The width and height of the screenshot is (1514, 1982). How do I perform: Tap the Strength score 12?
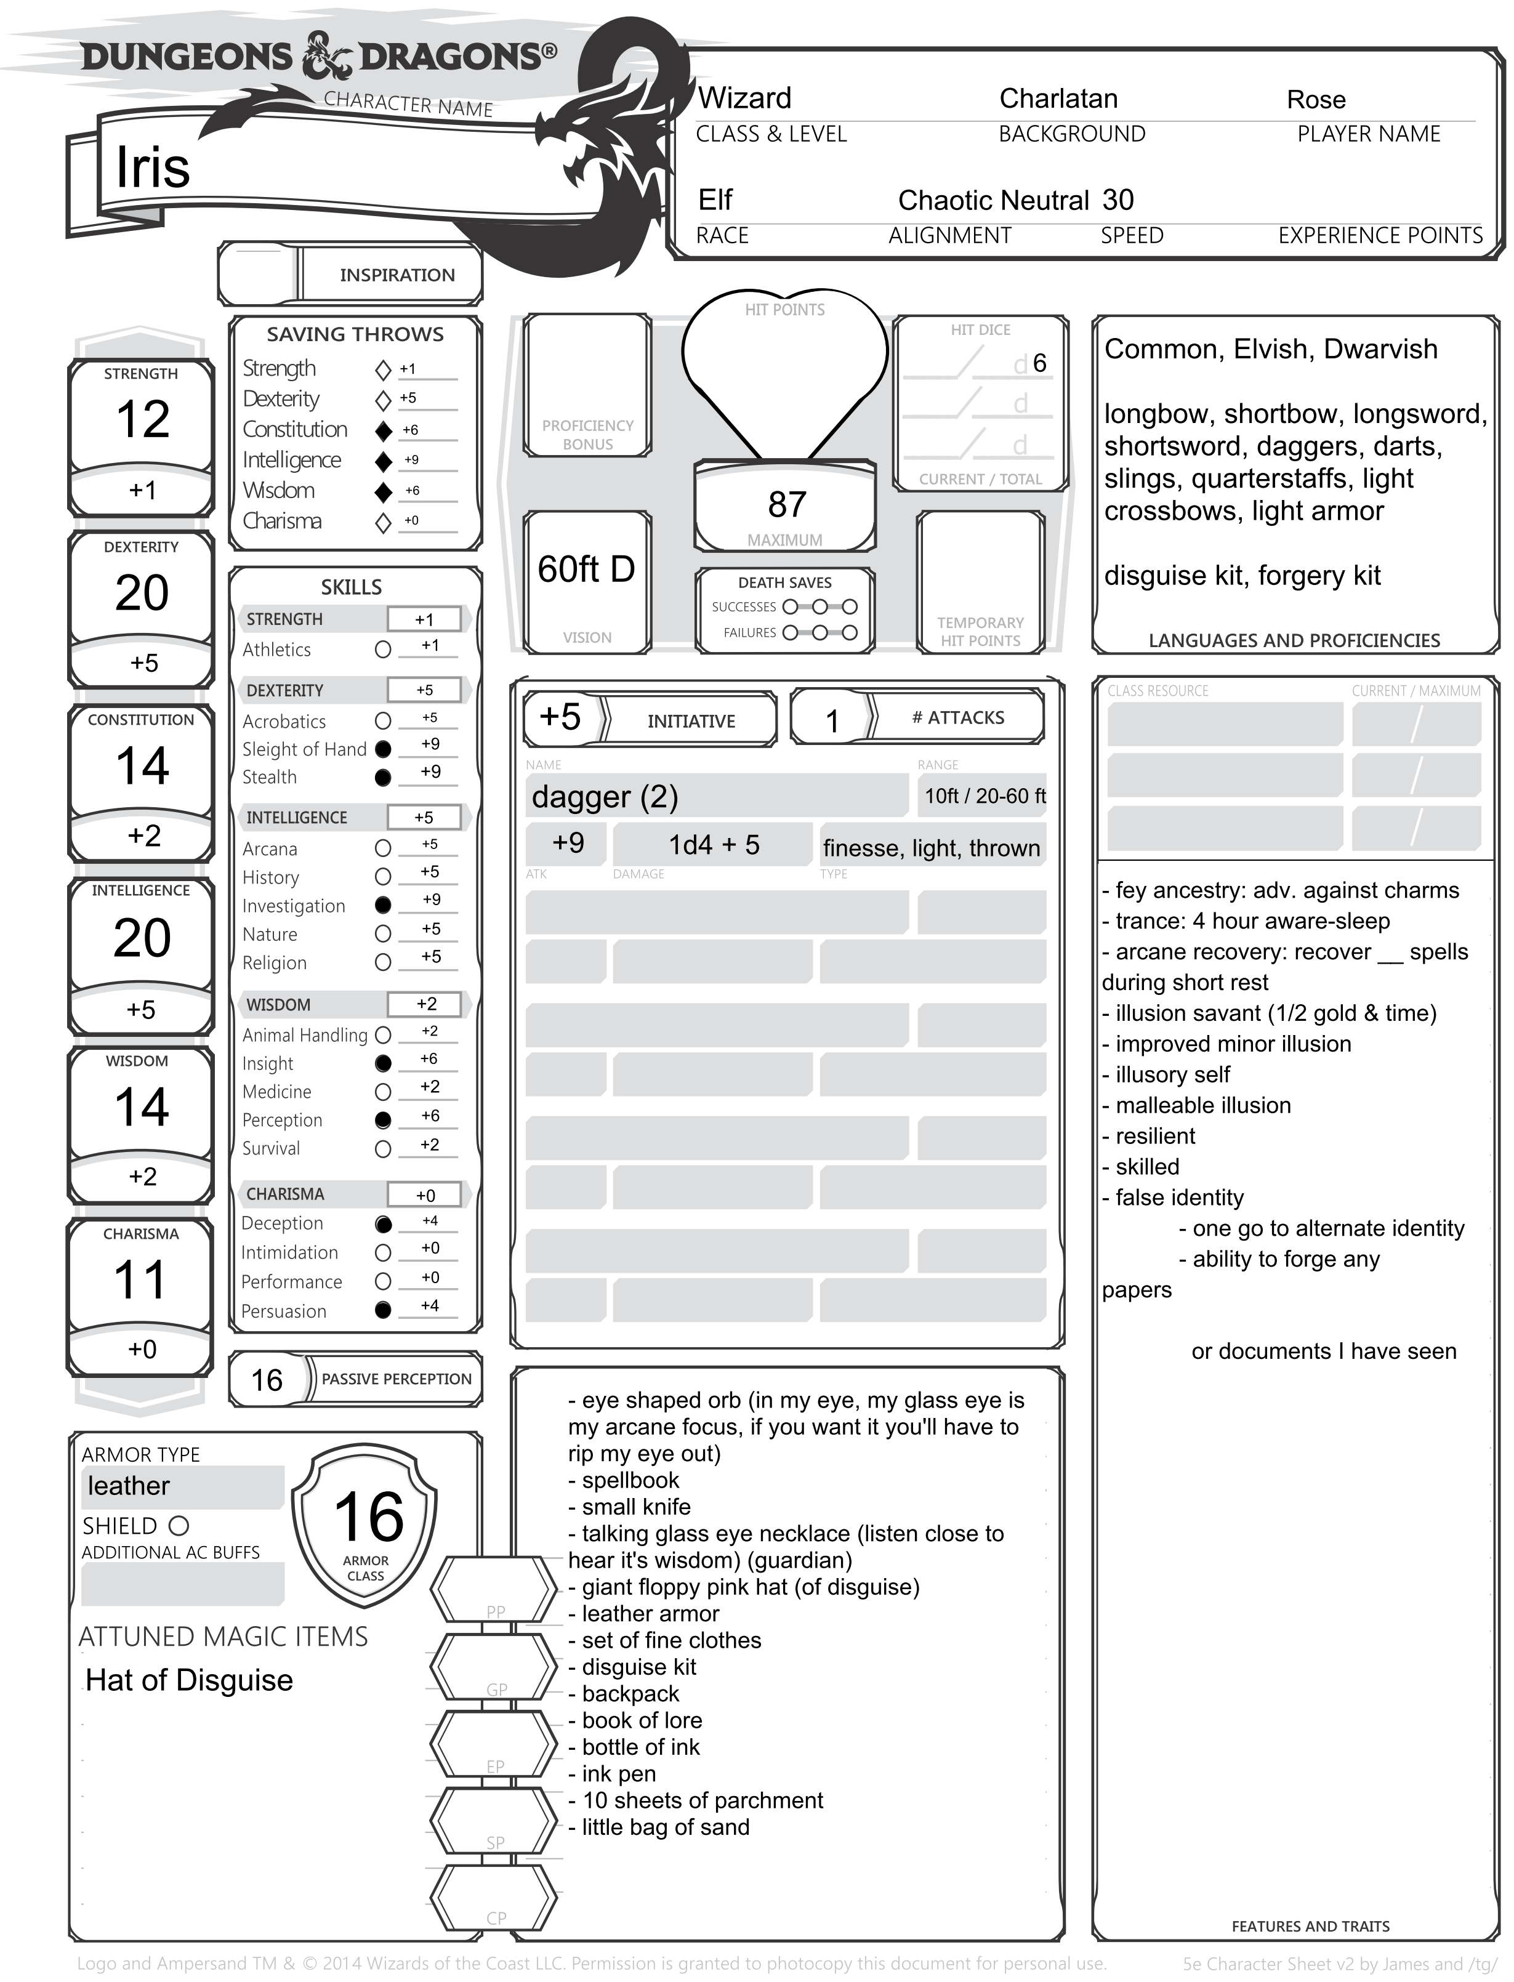pyautogui.click(x=142, y=419)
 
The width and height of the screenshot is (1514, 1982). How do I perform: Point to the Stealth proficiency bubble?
pyautogui.click(x=383, y=777)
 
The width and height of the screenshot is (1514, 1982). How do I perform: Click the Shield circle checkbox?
pyautogui.click(x=179, y=1526)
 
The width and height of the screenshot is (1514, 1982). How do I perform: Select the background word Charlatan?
pyautogui.click(x=1058, y=99)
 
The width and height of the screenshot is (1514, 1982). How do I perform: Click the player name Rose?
pyautogui.click(x=1316, y=99)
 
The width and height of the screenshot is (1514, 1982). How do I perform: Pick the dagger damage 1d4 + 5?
pyautogui.click(x=713, y=845)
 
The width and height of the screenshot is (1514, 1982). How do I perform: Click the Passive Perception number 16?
pyautogui.click(x=267, y=1380)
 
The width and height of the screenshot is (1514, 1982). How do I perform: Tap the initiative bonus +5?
pyautogui.click(x=560, y=717)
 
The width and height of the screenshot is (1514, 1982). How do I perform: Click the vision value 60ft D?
pyautogui.click(x=587, y=570)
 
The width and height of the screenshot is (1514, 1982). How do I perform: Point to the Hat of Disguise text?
pyautogui.click(x=189, y=1680)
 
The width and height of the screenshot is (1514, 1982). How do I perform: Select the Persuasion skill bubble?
pyautogui.click(x=383, y=1310)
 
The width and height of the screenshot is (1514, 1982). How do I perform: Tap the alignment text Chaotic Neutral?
pyautogui.click(x=993, y=200)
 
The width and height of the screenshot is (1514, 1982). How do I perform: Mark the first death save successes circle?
pyautogui.click(x=791, y=606)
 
